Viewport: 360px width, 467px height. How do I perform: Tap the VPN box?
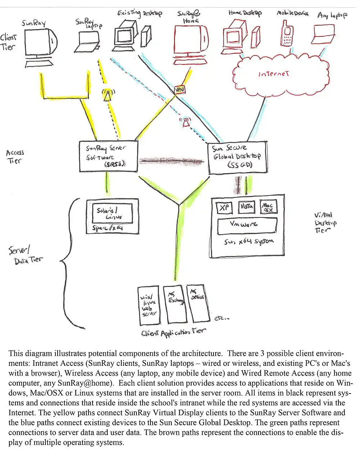[x=179, y=90]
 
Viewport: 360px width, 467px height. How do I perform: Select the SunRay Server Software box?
[x=108, y=156]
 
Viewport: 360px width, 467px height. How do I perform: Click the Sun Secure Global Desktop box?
[x=238, y=157]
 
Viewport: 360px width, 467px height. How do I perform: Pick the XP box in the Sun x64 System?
[x=224, y=208]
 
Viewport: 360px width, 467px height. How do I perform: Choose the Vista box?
[x=246, y=207]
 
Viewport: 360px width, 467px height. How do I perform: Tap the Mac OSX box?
[x=268, y=207]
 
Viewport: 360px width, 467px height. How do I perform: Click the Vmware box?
[x=247, y=225]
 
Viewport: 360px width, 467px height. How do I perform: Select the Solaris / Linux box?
[x=113, y=214]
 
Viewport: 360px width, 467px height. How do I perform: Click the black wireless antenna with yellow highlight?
[x=107, y=95]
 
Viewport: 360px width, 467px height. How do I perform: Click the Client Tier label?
[x=8, y=42]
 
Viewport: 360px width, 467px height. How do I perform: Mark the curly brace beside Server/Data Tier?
[x=70, y=263]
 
